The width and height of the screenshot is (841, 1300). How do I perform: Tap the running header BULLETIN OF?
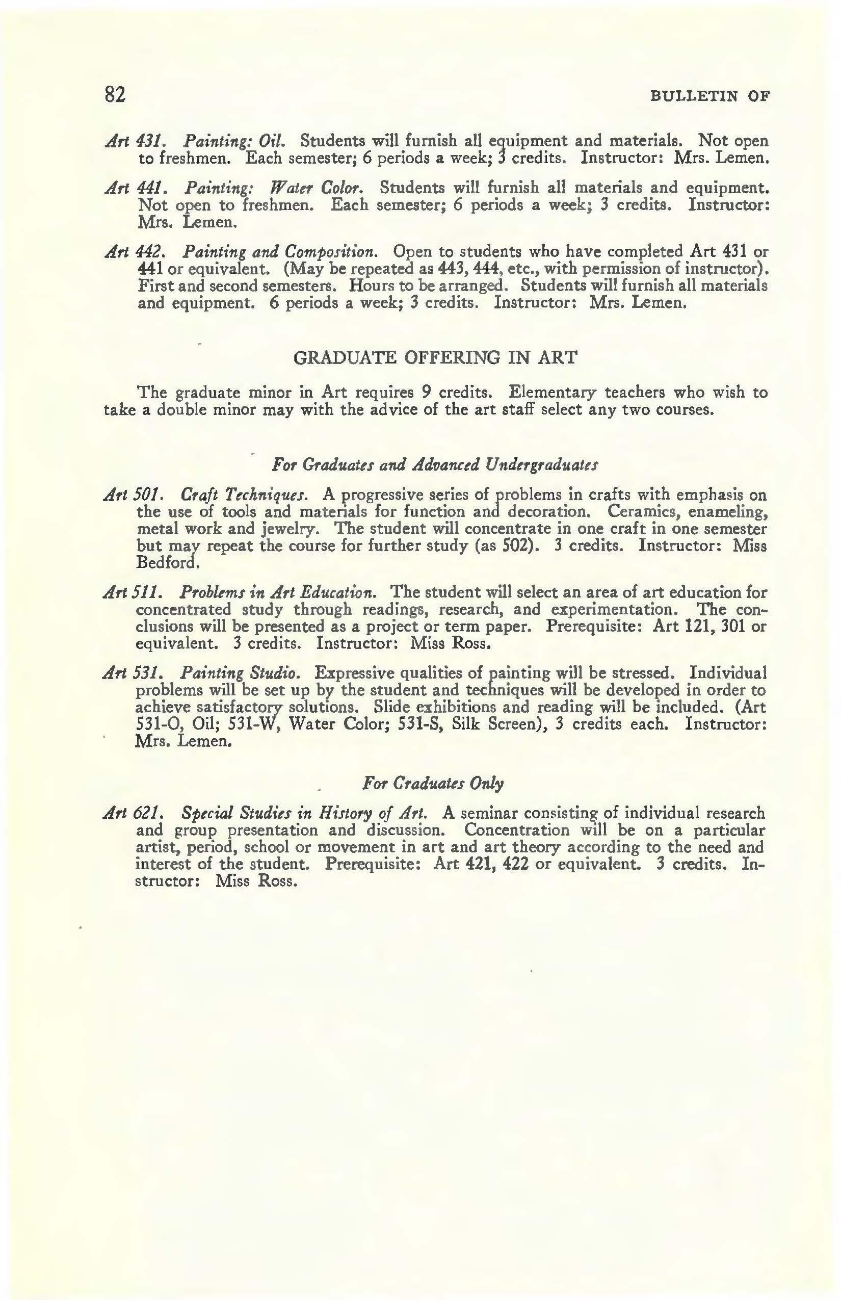(x=710, y=97)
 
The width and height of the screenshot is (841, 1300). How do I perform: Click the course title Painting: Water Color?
(x=274, y=188)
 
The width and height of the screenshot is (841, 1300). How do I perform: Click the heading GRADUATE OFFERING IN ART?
(x=435, y=358)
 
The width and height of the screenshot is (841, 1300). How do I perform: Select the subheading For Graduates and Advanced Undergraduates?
(x=435, y=465)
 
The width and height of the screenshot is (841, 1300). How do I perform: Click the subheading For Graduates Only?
(x=433, y=783)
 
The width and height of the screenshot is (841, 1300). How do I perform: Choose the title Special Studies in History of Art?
(x=304, y=813)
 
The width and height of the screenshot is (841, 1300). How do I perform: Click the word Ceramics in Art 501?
(x=642, y=512)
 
